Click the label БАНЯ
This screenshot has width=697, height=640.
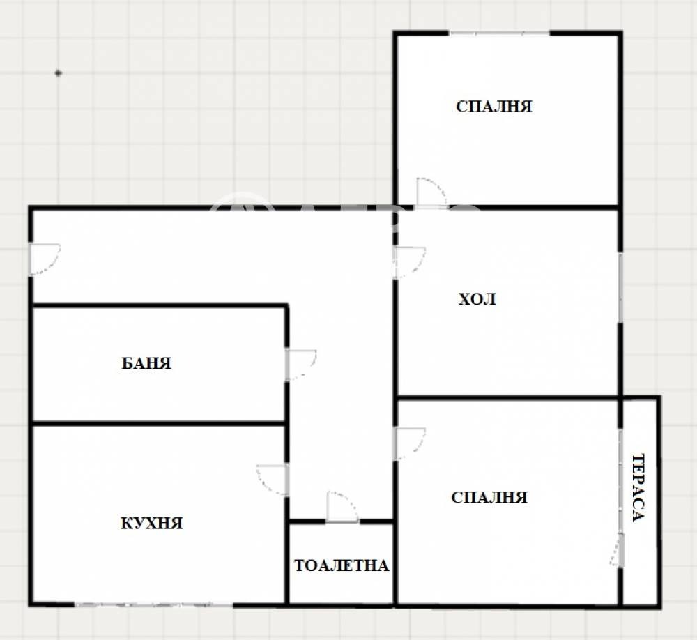pyautogui.click(x=146, y=363)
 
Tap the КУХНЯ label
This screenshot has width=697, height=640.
pyautogui.click(x=151, y=523)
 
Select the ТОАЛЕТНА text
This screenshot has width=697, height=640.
pyautogui.click(x=341, y=565)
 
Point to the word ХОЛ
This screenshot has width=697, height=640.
pyautogui.click(x=477, y=300)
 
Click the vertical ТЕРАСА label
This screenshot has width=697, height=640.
pyautogui.click(x=638, y=487)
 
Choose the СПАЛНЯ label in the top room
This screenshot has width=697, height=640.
pyautogui.click(x=494, y=107)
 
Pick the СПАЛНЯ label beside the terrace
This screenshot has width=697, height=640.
pyautogui.click(x=489, y=497)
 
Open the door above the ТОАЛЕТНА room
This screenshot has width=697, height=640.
pyautogui.click(x=342, y=507)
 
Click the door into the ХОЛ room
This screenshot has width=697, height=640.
pyautogui.click(x=409, y=262)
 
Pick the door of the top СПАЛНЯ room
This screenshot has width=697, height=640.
pyautogui.click(x=430, y=192)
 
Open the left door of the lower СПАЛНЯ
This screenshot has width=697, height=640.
pyautogui.click(x=409, y=443)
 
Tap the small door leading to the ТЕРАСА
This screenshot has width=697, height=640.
pyautogui.click(x=617, y=550)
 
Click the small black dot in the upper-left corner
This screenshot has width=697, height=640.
pyautogui.click(x=58, y=73)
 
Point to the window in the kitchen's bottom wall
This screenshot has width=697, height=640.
pyautogui.click(x=153, y=603)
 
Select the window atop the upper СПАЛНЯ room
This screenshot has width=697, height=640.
pyautogui.click(x=499, y=33)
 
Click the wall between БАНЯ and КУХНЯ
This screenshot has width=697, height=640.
pyautogui.click(x=159, y=422)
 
